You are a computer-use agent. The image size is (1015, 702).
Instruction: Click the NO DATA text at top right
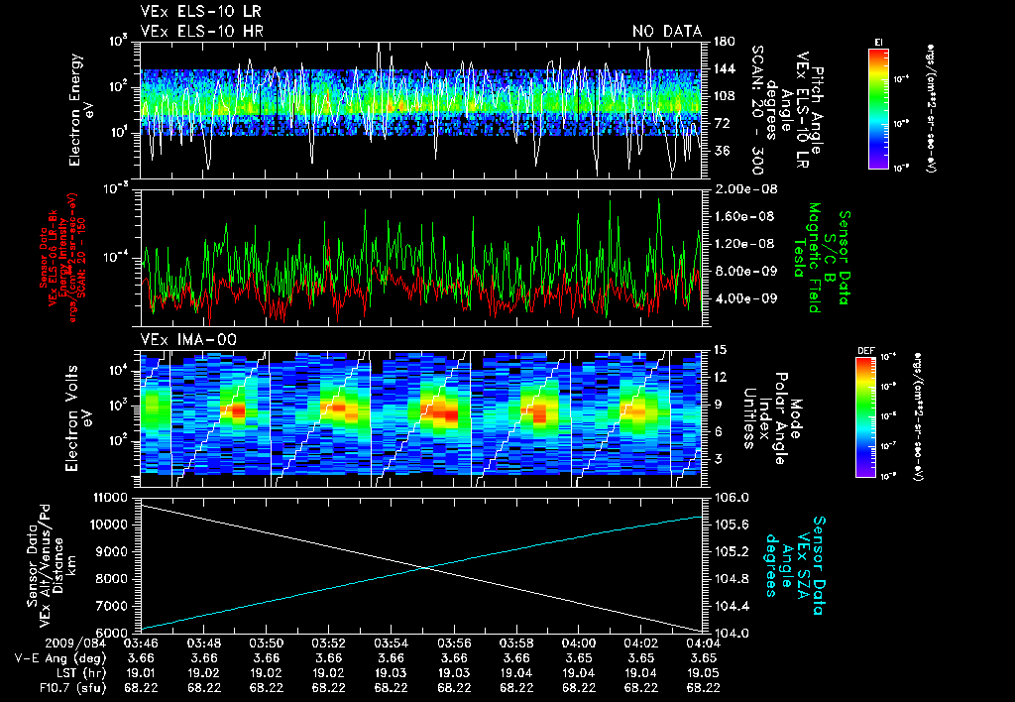coord(667,31)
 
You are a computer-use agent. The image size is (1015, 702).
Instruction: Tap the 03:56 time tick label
coord(454,644)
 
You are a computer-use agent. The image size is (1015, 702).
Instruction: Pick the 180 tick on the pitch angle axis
coord(723,42)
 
